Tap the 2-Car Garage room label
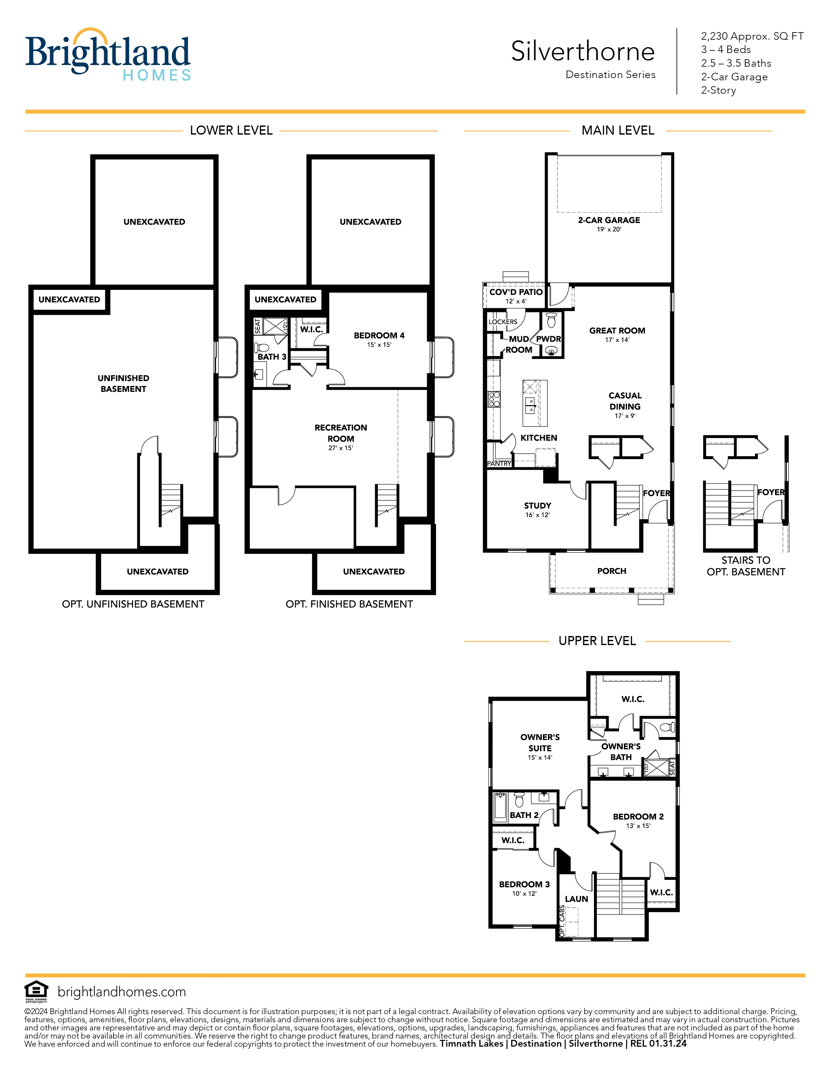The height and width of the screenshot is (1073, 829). pos(609,220)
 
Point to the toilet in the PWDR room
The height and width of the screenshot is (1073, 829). pos(551,320)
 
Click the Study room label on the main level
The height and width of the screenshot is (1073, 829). pos(537,506)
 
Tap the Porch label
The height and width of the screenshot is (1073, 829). pos(612,571)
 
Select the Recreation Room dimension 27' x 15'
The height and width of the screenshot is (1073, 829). pos(341,448)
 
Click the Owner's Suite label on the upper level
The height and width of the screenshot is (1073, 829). pos(540,742)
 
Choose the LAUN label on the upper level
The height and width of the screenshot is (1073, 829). pos(576,899)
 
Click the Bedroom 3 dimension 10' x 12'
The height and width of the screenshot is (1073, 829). pos(524,894)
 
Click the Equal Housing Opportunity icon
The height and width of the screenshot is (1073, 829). pos(36,991)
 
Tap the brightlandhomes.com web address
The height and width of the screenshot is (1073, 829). pos(122,992)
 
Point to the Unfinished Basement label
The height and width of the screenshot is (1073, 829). pos(123,383)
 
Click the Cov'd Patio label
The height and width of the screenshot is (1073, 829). pos(516,292)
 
